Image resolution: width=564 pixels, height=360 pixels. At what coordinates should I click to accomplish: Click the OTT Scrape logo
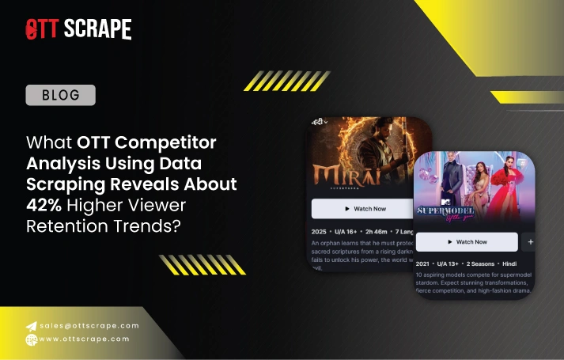(78, 29)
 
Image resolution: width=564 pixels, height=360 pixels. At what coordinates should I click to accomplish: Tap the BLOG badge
(60, 96)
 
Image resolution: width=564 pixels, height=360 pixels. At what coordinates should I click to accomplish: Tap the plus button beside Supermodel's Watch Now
(530, 241)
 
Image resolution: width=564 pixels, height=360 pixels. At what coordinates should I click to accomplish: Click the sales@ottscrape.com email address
(88, 325)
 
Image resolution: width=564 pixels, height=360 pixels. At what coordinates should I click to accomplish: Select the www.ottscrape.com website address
(83, 339)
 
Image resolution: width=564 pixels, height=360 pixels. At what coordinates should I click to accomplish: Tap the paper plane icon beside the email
(31, 325)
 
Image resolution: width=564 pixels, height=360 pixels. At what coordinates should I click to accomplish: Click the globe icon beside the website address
(31, 339)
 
